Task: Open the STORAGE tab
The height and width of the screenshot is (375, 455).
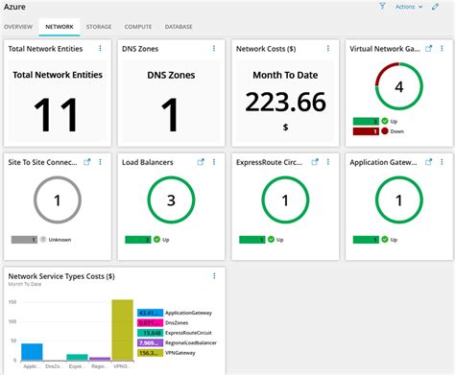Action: click(98, 27)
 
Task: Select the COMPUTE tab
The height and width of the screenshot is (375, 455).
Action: click(138, 27)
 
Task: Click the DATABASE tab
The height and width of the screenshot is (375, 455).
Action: click(179, 27)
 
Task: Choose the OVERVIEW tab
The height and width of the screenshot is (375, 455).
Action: click(18, 27)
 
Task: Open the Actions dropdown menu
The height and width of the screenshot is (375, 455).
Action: click(409, 7)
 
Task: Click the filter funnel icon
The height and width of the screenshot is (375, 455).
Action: click(382, 7)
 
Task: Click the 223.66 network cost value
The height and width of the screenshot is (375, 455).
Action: click(284, 103)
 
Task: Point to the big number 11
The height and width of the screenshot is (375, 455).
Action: click(56, 114)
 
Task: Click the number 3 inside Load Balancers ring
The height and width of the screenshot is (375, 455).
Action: click(171, 200)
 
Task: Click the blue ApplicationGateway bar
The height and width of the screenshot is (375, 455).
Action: click(32, 350)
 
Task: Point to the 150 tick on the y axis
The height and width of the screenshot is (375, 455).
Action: click(13, 301)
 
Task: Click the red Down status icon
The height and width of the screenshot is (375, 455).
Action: click(372, 130)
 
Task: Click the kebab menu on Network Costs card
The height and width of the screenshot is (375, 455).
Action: click(327, 47)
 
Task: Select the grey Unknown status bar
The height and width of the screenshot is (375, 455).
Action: click(25, 239)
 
